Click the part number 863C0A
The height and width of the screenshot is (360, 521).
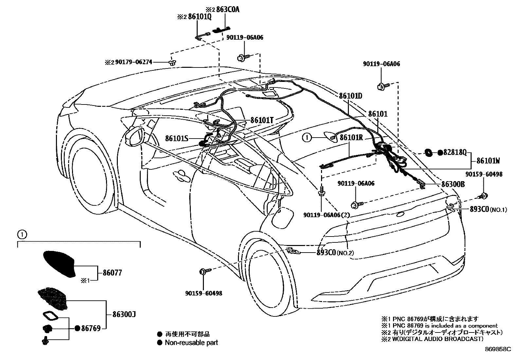227,9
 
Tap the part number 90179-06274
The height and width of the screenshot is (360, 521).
134,62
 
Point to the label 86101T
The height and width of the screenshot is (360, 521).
262,120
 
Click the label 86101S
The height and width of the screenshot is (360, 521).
177,139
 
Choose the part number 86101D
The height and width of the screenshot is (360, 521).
350,96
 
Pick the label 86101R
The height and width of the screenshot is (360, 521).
351,138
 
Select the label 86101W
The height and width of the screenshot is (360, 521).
488,161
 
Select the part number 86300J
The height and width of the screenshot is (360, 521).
124,315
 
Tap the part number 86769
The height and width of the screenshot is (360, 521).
91,328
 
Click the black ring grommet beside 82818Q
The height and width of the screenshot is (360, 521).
427,152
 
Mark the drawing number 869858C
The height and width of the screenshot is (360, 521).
498,350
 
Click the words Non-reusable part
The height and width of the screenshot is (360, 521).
191,343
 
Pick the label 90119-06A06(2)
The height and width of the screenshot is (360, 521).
327,215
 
